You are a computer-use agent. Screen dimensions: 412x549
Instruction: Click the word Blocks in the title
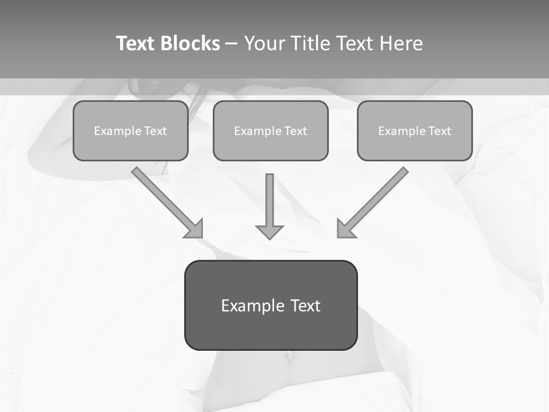[x=190, y=43]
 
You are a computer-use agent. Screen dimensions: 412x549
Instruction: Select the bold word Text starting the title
[x=136, y=43]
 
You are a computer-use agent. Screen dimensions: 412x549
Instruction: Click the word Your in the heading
[x=265, y=43]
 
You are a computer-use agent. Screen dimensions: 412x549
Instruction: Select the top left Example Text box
[x=130, y=130]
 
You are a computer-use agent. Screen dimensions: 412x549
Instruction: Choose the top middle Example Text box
[x=270, y=130]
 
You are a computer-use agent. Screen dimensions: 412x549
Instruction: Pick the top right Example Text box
[x=415, y=130]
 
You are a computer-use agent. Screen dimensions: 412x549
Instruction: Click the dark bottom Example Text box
[x=270, y=305]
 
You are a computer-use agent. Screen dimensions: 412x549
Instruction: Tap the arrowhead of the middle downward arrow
[x=269, y=231]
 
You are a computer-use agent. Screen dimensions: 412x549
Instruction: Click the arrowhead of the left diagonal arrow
[x=195, y=229]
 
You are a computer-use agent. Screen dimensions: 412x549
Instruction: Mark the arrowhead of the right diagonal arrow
[x=345, y=229]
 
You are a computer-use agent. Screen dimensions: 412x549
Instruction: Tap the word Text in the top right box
[x=439, y=131]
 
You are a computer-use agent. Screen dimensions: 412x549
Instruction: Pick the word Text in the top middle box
[x=295, y=131]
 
